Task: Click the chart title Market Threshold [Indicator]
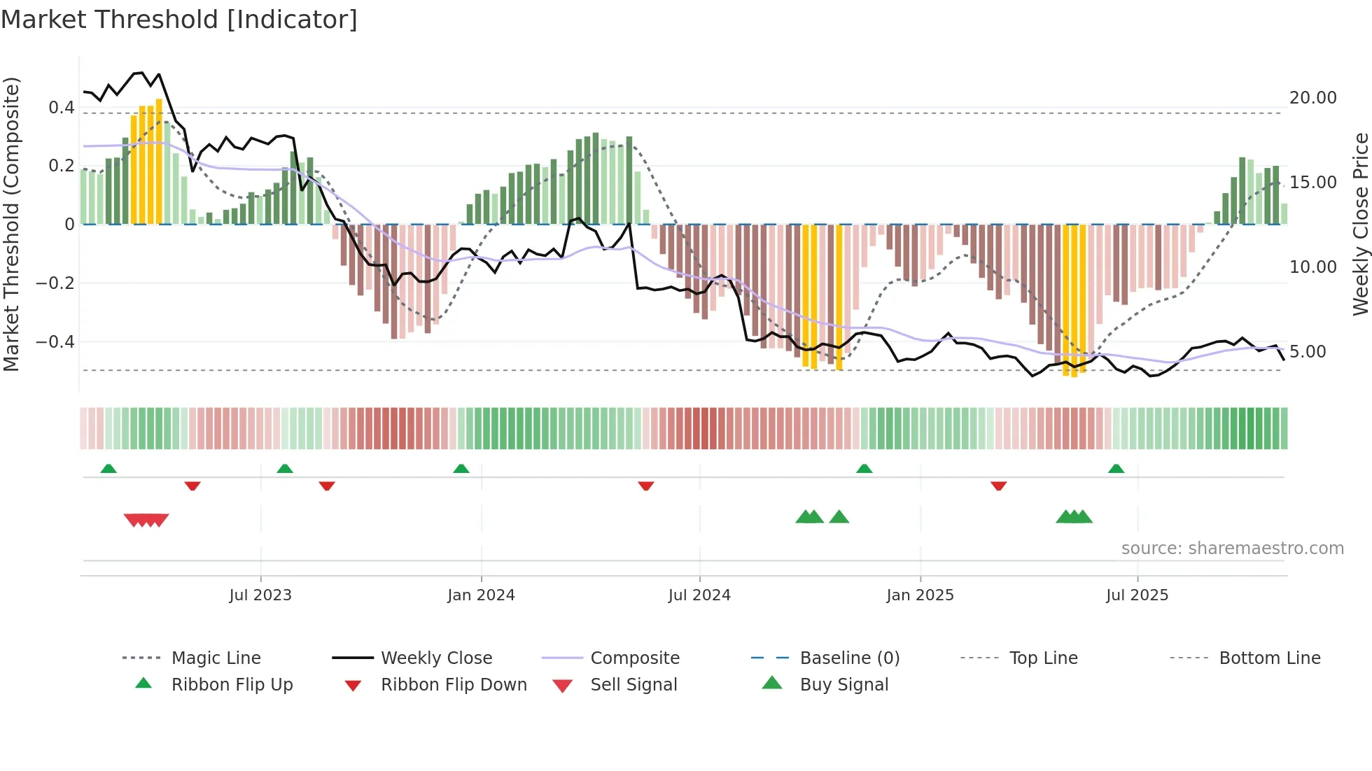pos(179,20)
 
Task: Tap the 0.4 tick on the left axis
pos(61,108)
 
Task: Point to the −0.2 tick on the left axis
pos(55,283)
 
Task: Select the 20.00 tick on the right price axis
pos(1312,98)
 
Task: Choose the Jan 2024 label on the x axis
pos(481,595)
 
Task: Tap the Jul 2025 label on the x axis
pos(1137,595)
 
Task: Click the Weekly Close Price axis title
pos(1359,224)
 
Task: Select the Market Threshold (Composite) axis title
pos(11,224)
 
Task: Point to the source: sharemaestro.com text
pos(1232,549)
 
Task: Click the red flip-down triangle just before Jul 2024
pos(646,486)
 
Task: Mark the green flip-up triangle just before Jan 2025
pos(864,469)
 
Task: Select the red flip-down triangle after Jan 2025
pos(999,486)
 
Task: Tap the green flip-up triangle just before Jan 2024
pos(461,469)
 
